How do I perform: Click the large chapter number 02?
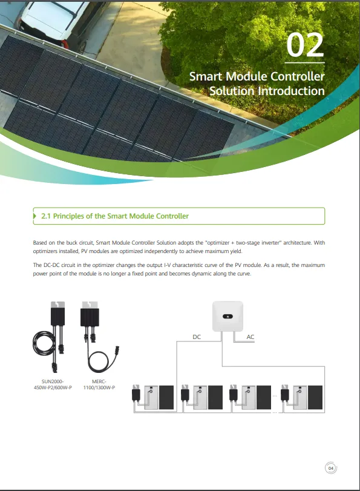(x=305, y=45)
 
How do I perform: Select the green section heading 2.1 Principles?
(x=115, y=216)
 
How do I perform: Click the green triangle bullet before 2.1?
(x=34, y=216)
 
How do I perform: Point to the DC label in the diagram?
(x=197, y=337)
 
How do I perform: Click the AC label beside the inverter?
(x=250, y=337)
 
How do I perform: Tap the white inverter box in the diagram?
(x=227, y=316)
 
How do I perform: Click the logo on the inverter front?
(x=227, y=316)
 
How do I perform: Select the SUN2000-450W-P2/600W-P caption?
(x=53, y=384)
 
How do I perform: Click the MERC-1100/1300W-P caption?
(x=99, y=384)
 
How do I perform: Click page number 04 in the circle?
(x=331, y=468)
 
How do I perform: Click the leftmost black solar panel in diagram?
(x=166, y=397)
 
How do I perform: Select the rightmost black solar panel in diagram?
(x=315, y=397)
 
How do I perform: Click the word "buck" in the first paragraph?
(x=71, y=243)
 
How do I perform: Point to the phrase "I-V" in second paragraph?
(x=168, y=265)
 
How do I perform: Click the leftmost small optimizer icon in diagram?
(x=136, y=394)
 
